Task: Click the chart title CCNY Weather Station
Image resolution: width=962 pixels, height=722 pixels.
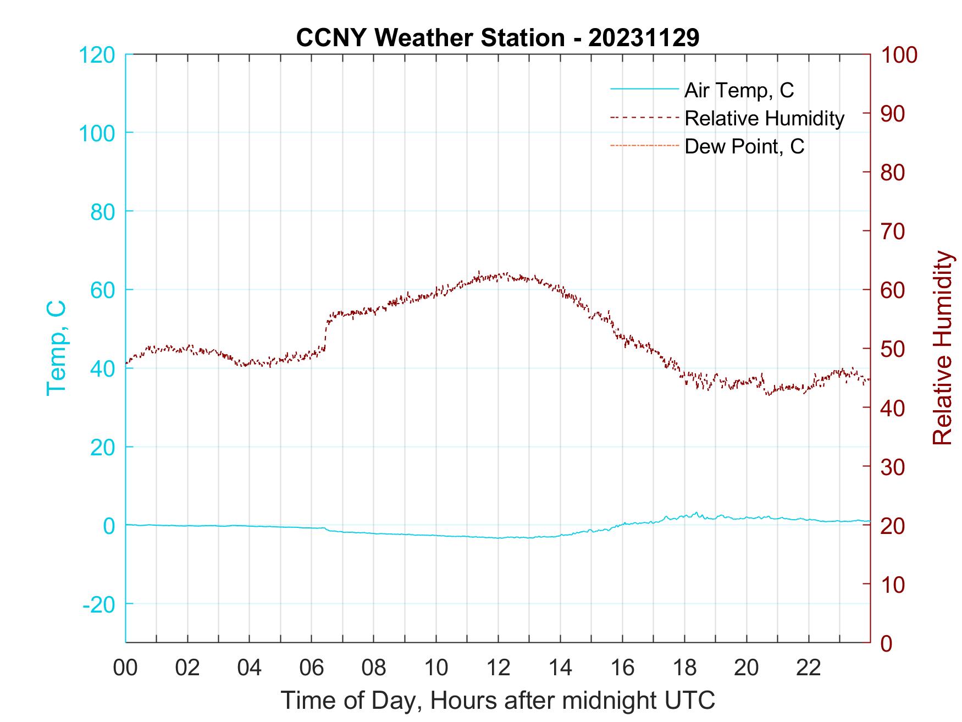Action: tap(497, 37)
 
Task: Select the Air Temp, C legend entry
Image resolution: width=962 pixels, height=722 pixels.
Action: tap(739, 90)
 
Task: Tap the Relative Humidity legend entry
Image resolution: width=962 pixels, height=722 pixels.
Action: tap(764, 118)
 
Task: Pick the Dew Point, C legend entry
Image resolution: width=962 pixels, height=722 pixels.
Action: tap(744, 146)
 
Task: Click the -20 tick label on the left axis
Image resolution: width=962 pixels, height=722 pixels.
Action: tap(99, 604)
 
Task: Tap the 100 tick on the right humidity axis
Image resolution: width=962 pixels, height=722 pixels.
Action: tap(899, 55)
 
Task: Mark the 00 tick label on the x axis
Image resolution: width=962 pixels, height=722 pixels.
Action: tap(125, 668)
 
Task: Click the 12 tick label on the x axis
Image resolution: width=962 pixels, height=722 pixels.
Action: tap(498, 668)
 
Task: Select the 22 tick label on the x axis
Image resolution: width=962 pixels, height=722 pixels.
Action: tap(809, 668)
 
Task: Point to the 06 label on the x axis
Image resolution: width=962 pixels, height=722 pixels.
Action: tap(312, 668)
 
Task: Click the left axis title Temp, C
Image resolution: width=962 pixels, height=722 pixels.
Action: tap(56, 348)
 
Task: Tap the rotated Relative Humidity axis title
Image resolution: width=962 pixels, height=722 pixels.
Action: tap(942, 348)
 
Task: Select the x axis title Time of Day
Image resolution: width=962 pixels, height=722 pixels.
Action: tap(498, 701)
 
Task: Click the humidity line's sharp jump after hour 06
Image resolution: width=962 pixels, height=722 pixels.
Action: tap(327, 333)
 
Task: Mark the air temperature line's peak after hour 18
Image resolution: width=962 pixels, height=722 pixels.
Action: tap(696, 512)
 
